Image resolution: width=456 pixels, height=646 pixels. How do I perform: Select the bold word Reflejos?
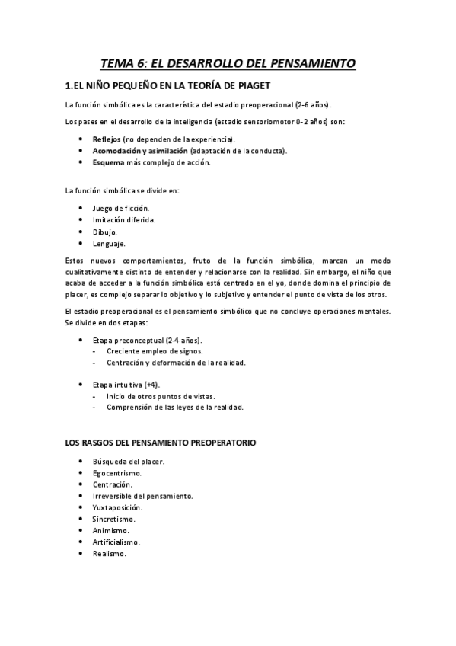click(x=106, y=139)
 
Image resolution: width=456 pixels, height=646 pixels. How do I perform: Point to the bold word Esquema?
click(x=108, y=162)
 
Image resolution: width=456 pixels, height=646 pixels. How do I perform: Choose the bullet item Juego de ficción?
click(x=120, y=208)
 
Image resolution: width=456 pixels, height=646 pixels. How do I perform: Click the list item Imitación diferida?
click(x=123, y=219)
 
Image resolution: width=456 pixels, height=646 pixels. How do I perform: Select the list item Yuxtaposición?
click(x=117, y=507)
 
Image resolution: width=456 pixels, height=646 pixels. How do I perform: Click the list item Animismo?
click(x=110, y=530)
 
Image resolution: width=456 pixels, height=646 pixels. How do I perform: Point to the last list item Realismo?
click(x=109, y=553)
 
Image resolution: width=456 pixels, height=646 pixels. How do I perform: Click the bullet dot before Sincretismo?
click(x=81, y=519)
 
